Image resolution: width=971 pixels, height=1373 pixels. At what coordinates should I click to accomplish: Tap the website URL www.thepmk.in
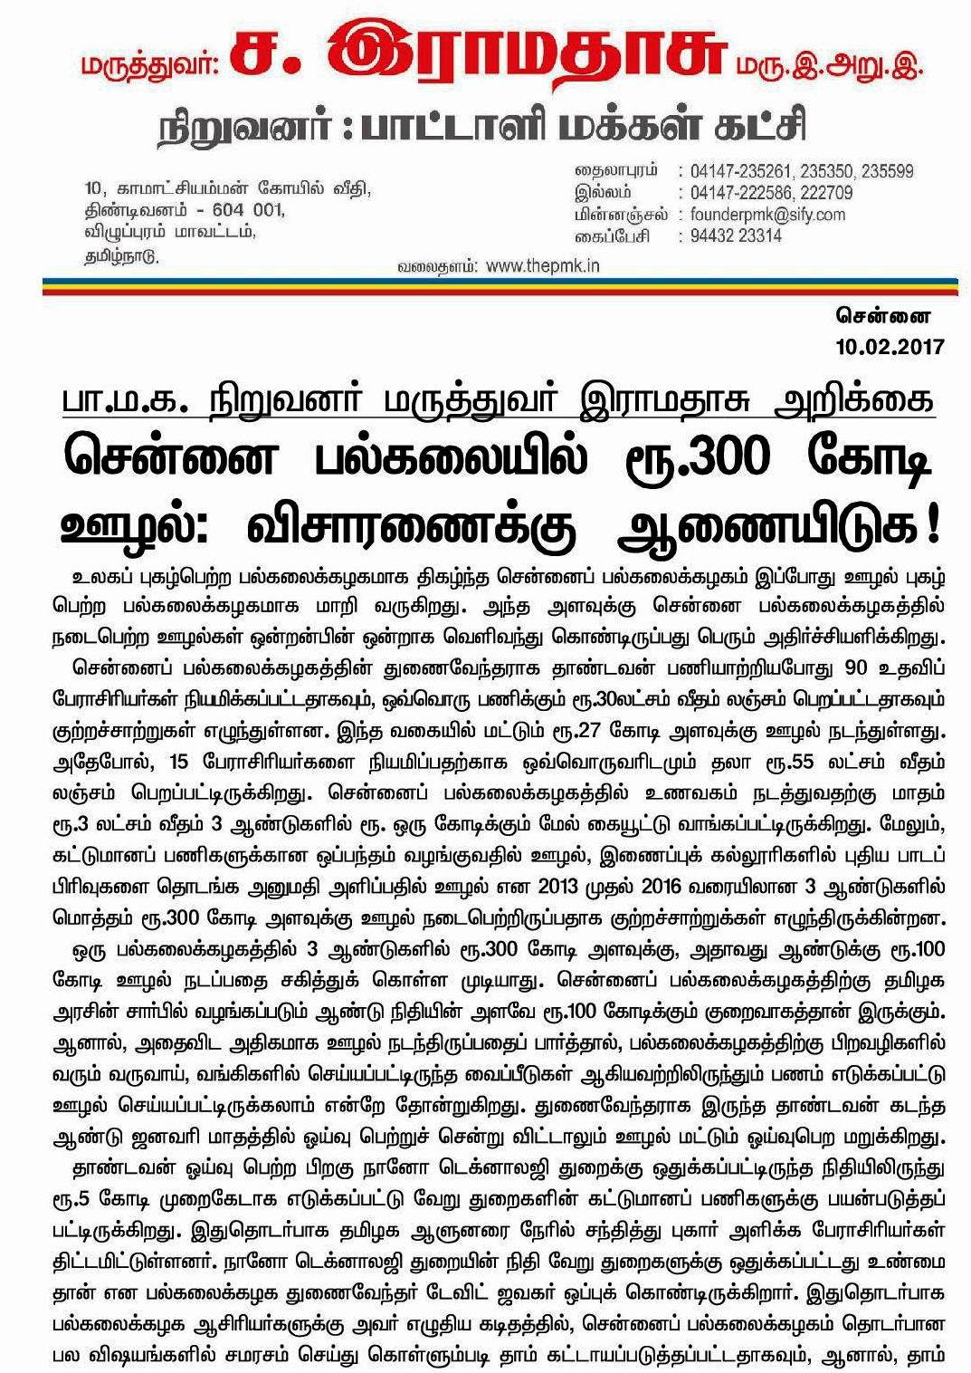tap(542, 266)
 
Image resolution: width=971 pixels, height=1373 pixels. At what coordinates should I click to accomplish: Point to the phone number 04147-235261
tap(738, 171)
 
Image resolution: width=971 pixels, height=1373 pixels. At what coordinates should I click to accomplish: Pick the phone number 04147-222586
tap(738, 193)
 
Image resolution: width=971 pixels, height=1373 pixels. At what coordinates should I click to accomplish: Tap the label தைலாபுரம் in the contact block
tap(616, 171)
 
